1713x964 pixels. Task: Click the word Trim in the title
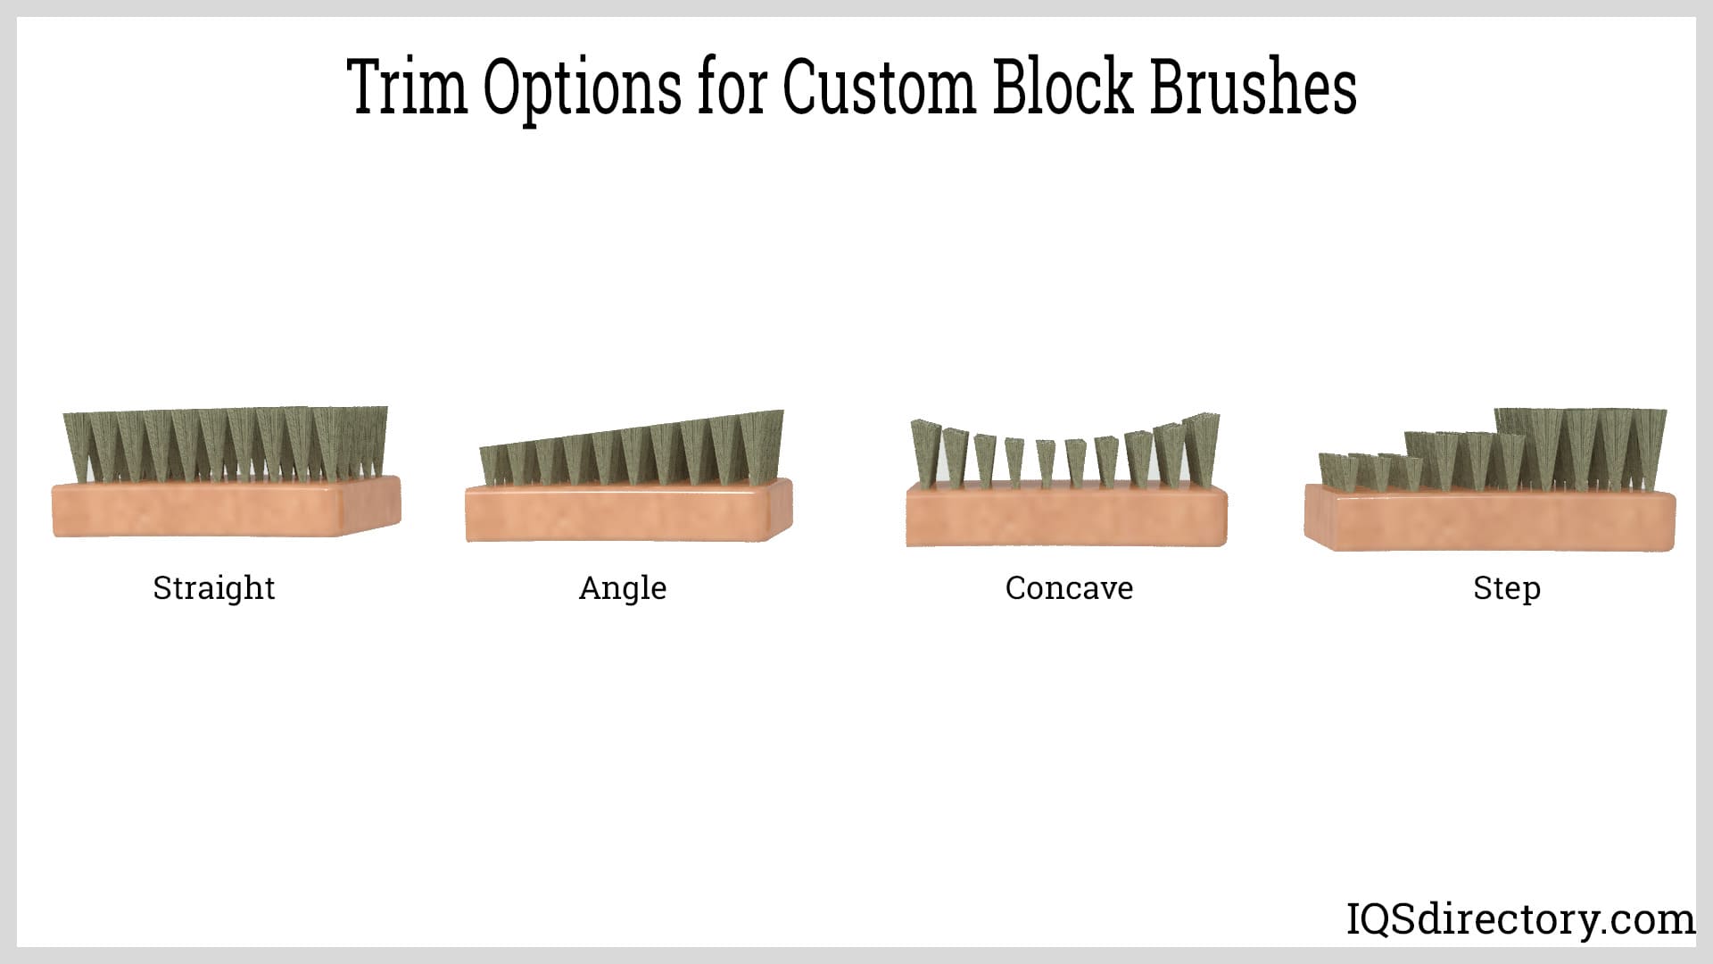coord(408,87)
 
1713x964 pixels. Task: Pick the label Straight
coord(214,589)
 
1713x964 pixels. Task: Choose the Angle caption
coord(623,589)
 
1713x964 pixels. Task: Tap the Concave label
coord(1069,588)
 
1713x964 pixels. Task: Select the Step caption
coord(1507,589)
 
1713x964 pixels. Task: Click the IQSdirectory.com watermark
coord(1520,919)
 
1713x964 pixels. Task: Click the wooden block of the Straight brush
coord(227,509)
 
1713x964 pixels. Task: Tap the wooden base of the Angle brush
coord(628,512)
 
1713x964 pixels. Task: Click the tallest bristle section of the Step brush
coord(1581,451)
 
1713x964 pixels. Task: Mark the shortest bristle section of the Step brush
coord(1370,473)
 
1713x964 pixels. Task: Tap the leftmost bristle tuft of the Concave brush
coord(927,453)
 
